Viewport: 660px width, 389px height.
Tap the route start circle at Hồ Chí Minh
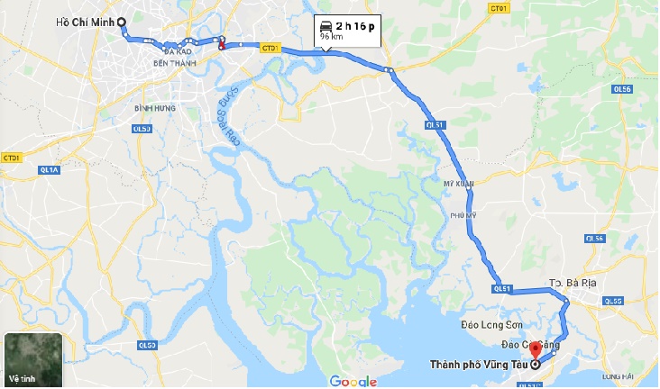point(123,23)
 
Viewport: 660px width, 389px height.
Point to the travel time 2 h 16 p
point(355,26)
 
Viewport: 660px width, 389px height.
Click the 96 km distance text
point(331,38)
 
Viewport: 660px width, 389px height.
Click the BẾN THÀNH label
point(174,63)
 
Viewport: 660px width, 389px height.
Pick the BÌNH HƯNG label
point(154,108)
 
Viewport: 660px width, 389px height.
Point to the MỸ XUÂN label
point(457,181)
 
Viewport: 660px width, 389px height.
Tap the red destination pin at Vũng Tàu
point(534,349)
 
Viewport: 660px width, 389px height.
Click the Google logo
point(353,381)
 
